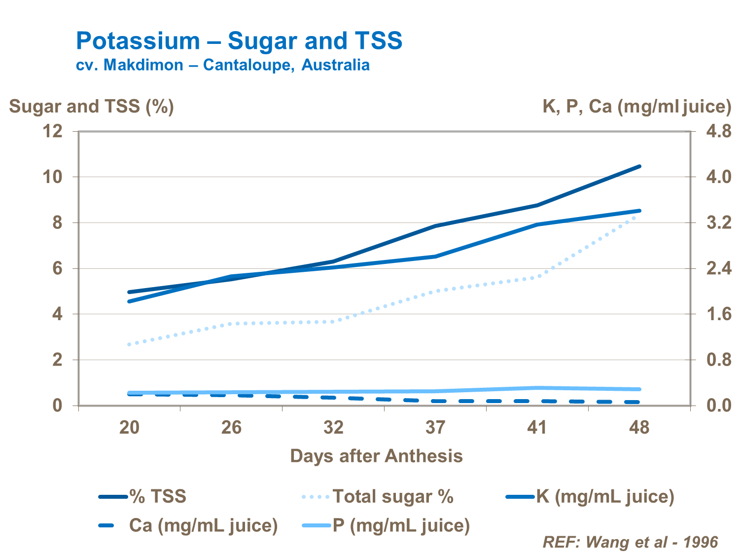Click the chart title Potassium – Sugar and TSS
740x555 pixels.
pyautogui.click(x=239, y=41)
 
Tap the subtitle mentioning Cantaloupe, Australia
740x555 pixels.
pyautogui.click(x=223, y=65)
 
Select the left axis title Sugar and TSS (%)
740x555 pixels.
pyautogui.click(x=92, y=107)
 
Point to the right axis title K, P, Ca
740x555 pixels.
pyautogui.click(x=636, y=107)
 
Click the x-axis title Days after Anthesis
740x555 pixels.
pyautogui.click(x=376, y=456)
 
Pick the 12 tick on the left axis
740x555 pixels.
pyautogui.click(x=53, y=131)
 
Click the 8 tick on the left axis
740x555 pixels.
pyautogui.click(x=58, y=223)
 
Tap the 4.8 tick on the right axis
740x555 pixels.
pyautogui.click(x=718, y=131)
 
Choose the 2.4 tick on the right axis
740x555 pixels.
pyautogui.click(x=718, y=269)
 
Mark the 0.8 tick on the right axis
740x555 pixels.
pyautogui.click(x=718, y=360)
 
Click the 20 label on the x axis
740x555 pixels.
pyautogui.click(x=129, y=427)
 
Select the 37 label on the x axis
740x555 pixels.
pyautogui.click(x=435, y=427)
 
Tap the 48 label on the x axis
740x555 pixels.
pyautogui.click(x=639, y=427)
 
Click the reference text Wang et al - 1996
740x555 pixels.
pyautogui.click(x=630, y=542)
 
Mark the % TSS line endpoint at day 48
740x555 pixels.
pyautogui.click(x=639, y=166)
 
